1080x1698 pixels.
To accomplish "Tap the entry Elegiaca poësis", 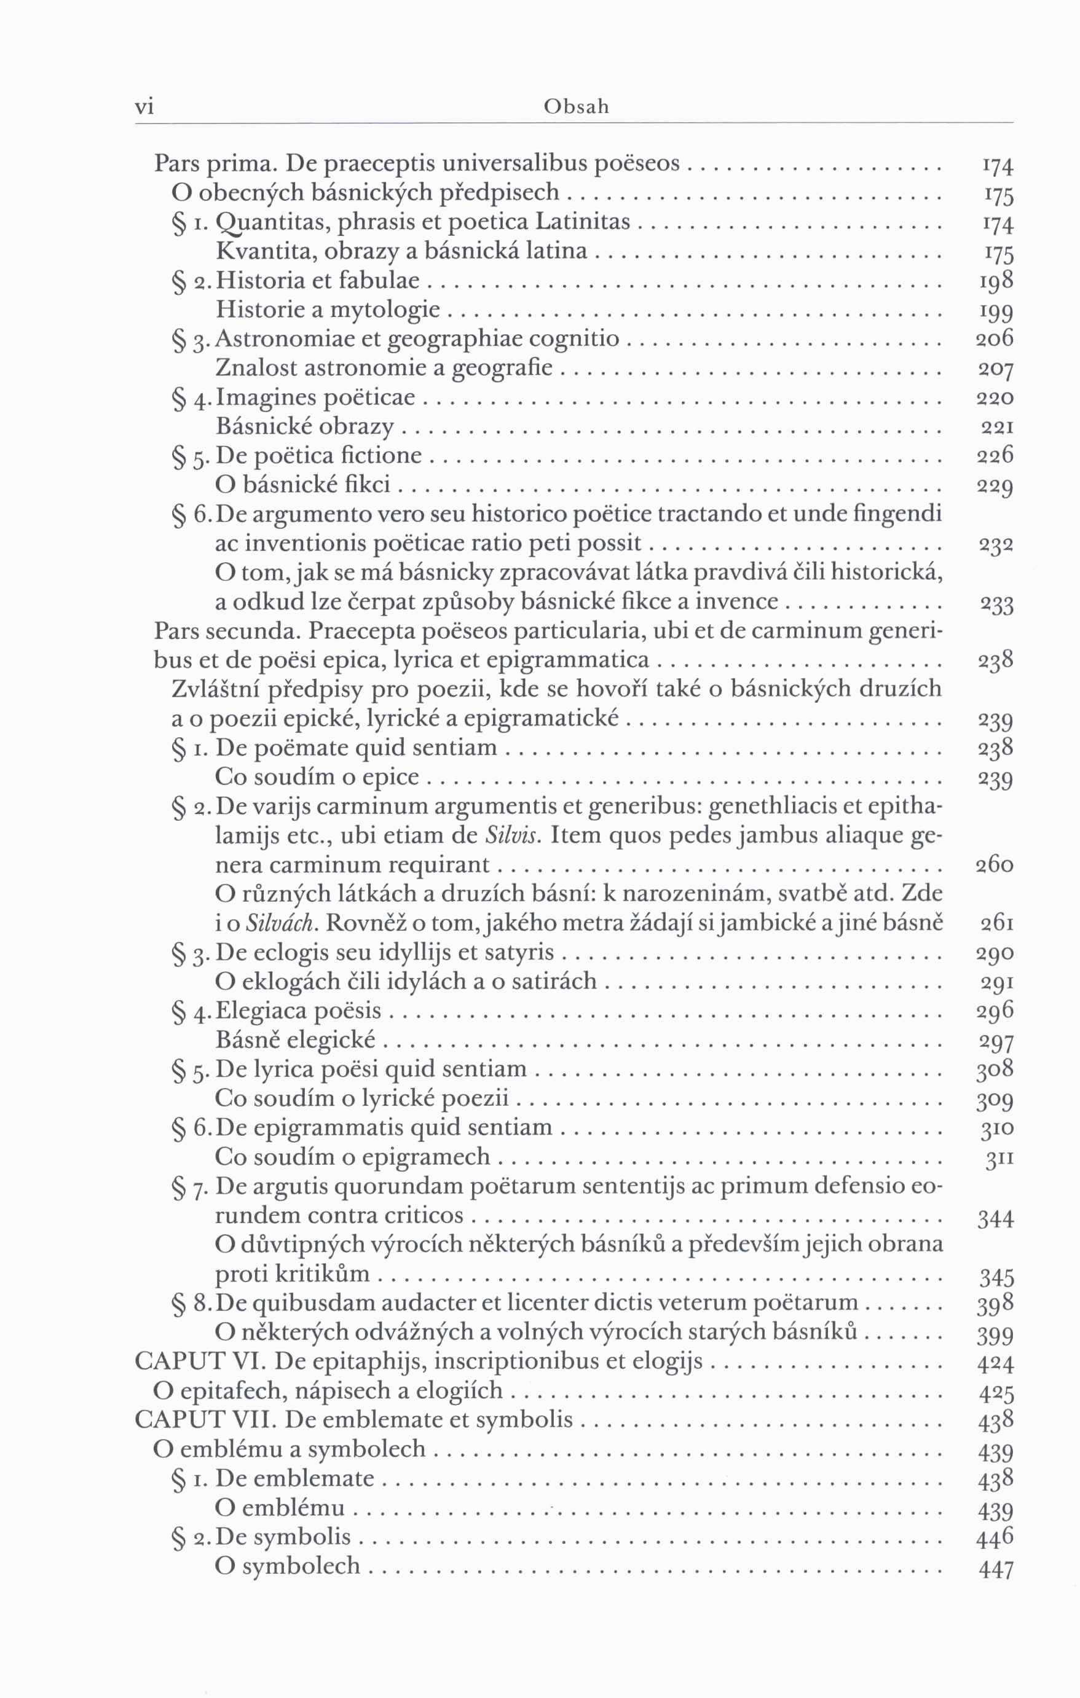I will click(298, 1011).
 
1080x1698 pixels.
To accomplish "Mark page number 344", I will click(995, 1219).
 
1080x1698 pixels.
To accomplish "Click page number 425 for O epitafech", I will click(995, 1392).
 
